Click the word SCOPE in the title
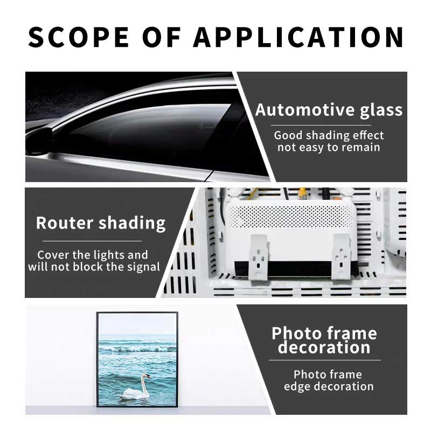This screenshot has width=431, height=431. pos(79,37)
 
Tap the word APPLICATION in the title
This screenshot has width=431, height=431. pos(298,37)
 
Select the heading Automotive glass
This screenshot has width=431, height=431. pos(329,110)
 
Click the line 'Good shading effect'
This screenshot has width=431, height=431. pos(329,135)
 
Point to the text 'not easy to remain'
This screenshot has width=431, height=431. pos(329,147)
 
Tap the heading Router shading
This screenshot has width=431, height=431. pos(101,223)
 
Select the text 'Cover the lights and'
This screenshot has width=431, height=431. pos(93,255)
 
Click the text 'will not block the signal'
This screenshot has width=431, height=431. pos(94,267)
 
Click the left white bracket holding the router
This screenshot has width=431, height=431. pos(259,257)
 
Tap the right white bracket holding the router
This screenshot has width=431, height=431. pos(341,256)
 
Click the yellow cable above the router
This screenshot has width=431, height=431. pos(303,193)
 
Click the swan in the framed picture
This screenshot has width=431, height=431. pos(135,387)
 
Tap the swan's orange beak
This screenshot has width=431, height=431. pos(149,376)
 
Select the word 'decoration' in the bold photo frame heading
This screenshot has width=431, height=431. pos(324,347)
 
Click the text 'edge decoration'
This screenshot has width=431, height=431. pos(329,386)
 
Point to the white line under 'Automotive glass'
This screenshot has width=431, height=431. pos(321,126)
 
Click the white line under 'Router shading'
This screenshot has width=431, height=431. pos(92,241)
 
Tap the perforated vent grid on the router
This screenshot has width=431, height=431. pos(290,217)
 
